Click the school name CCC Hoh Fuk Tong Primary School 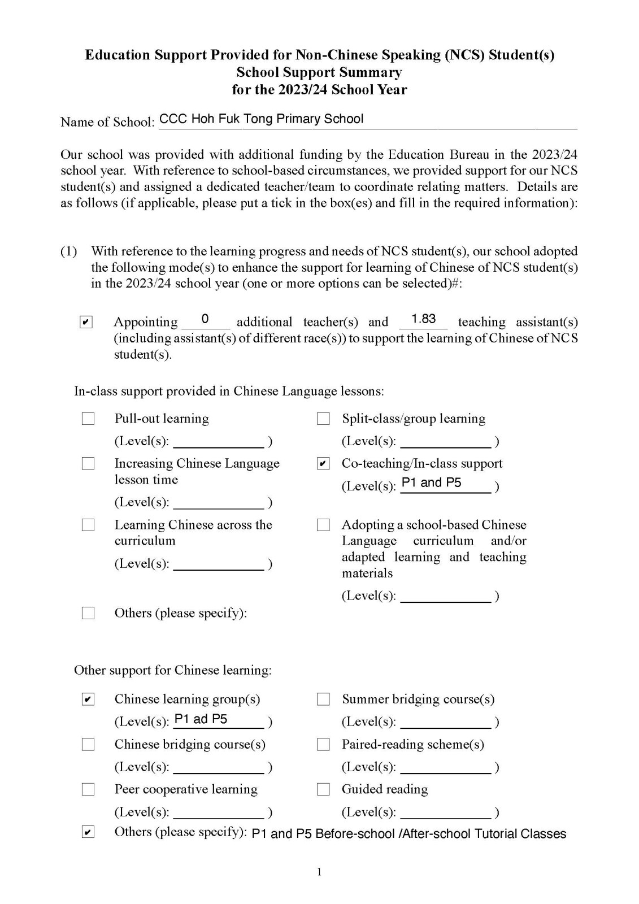[261, 119]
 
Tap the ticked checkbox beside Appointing [86, 323]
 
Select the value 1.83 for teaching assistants [423, 319]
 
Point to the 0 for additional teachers [205, 319]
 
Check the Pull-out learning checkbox [88, 419]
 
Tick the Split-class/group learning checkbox [323, 419]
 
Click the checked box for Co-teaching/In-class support [323, 464]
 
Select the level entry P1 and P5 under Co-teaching [431, 483]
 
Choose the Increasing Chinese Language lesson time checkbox [88, 464]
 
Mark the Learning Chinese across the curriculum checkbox [88, 525]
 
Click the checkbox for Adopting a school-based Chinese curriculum [323, 525]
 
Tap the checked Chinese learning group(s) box [88, 699]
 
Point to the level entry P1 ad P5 [201, 719]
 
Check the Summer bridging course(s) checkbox [323, 699]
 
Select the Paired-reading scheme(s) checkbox [323, 745]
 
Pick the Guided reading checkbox [323, 789]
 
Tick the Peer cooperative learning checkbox [88, 789]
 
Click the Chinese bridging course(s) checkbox [88, 745]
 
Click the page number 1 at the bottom [319, 872]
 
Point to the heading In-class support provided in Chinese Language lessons [229, 391]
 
